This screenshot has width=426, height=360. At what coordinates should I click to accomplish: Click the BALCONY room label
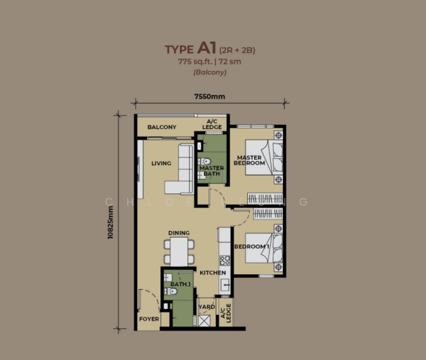point(162,127)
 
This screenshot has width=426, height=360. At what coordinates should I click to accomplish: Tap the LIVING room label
point(161,163)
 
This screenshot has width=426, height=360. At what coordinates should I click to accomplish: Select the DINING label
point(179,233)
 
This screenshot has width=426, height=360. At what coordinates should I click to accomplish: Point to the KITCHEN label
point(212,272)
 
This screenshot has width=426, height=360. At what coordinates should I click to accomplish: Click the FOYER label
point(149,319)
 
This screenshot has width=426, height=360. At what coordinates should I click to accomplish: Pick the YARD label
point(206,307)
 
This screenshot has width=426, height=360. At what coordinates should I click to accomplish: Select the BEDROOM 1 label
point(250,247)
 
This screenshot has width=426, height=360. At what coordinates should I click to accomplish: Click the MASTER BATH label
point(211,171)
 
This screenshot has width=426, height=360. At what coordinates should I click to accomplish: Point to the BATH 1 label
point(180,284)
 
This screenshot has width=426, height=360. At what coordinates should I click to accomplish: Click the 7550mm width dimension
point(209,97)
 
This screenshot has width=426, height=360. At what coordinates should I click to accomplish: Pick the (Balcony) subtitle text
point(209,73)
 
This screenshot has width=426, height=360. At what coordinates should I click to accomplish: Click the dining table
point(179,251)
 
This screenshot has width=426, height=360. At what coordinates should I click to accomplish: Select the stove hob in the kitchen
point(225,260)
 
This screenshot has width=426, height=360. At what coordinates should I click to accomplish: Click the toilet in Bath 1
point(172,292)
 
